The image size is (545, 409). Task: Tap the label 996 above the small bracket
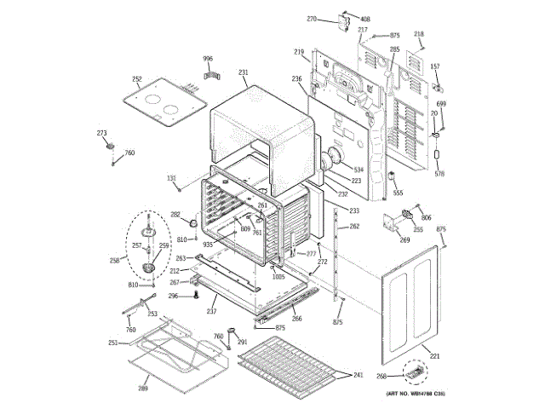click(208, 58)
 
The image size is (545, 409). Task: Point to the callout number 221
click(434, 355)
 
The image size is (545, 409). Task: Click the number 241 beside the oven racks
click(359, 375)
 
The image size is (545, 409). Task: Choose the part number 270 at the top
click(312, 19)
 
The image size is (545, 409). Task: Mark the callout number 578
click(440, 174)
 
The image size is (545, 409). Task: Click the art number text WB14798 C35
click(416, 394)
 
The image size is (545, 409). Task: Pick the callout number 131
click(171, 178)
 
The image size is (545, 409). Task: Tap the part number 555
click(398, 193)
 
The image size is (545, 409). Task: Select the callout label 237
click(211, 310)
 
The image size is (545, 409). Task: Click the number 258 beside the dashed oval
click(115, 262)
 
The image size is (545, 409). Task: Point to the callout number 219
click(300, 53)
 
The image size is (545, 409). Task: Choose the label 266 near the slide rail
click(296, 319)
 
